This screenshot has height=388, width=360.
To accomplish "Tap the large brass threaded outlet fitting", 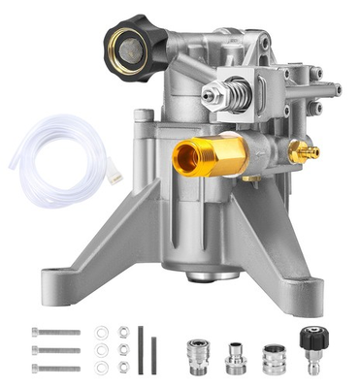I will [200, 155].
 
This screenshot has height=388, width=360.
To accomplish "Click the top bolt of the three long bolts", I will [55, 332].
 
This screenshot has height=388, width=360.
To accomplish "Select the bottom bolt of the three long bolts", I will [55, 368].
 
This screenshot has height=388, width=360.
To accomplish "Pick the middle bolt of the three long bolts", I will [55, 350].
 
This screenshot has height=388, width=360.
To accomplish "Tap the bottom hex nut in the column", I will [123, 368].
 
